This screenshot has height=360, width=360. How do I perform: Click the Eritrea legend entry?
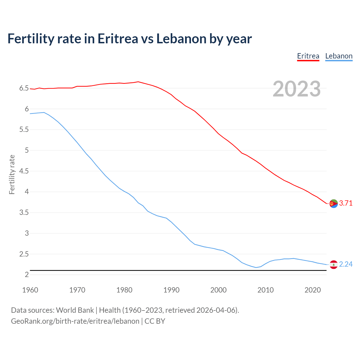(308, 56)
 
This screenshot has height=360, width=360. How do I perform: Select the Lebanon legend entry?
(339, 56)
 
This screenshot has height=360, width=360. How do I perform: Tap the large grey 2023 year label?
(297, 89)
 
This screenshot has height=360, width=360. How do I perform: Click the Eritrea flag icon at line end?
(334, 203)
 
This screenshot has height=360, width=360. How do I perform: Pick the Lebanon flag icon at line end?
(334, 264)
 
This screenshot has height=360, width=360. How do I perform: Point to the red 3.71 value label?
(346, 203)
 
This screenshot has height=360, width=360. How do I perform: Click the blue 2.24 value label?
(346, 264)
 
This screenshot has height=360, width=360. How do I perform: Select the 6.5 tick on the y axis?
(24, 88)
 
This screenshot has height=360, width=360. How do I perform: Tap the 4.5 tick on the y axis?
(24, 171)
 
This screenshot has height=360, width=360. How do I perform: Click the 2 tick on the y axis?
(27, 274)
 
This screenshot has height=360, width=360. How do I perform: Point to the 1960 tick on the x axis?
(30, 290)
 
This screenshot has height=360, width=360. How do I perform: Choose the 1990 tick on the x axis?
(171, 290)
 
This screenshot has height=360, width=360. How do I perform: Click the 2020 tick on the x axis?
(312, 290)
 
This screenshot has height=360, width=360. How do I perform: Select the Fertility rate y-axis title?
(12, 174)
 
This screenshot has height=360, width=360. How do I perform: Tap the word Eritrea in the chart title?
(118, 39)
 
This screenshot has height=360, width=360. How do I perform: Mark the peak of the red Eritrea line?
(138, 82)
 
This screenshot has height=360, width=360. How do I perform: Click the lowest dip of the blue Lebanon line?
(256, 267)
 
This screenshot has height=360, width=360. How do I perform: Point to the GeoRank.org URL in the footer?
(75, 321)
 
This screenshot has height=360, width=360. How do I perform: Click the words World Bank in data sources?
(75, 310)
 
